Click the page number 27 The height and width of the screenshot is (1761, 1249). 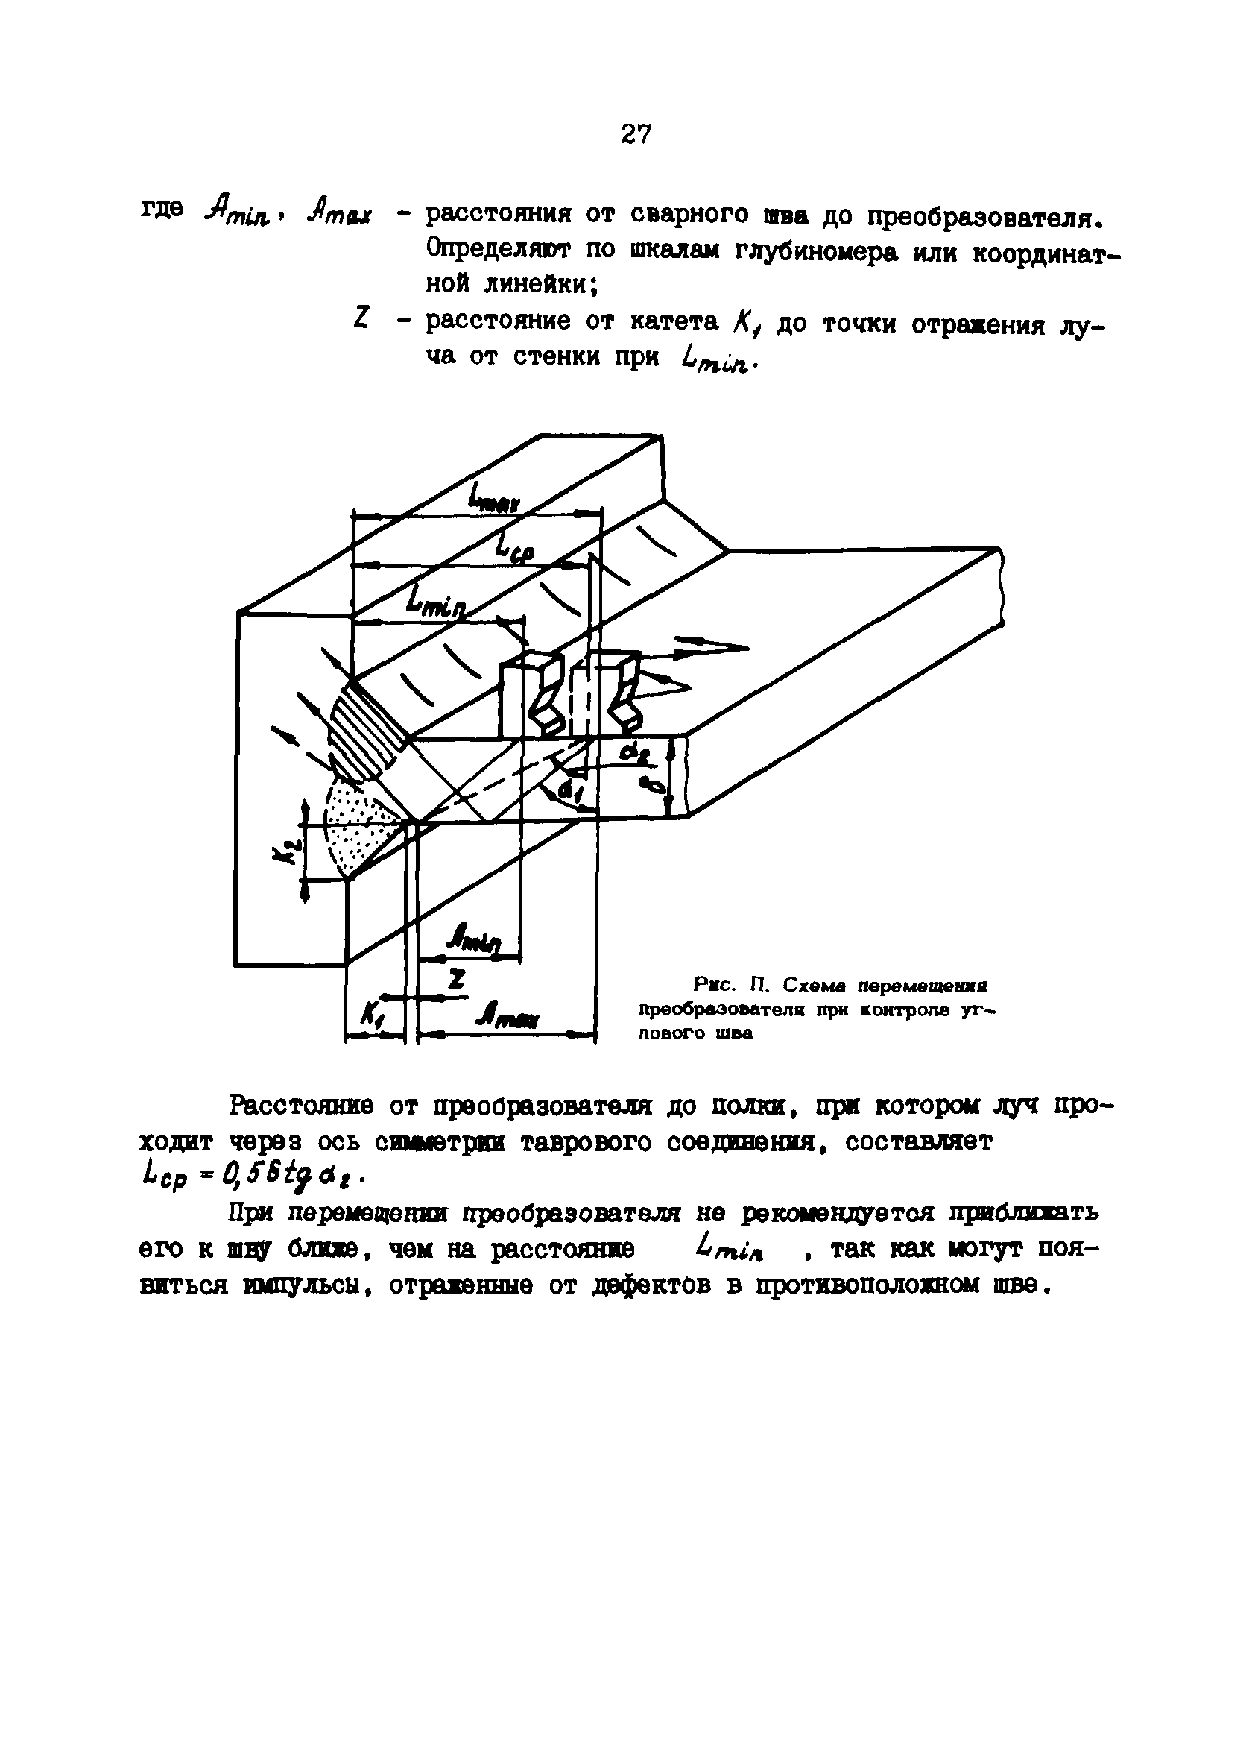[x=635, y=135]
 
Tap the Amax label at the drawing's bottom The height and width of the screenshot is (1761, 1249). [x=507, y=1018]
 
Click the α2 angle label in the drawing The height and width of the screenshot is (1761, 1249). [x=635, y=757]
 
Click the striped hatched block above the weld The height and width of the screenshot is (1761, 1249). [x=366, y=727]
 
